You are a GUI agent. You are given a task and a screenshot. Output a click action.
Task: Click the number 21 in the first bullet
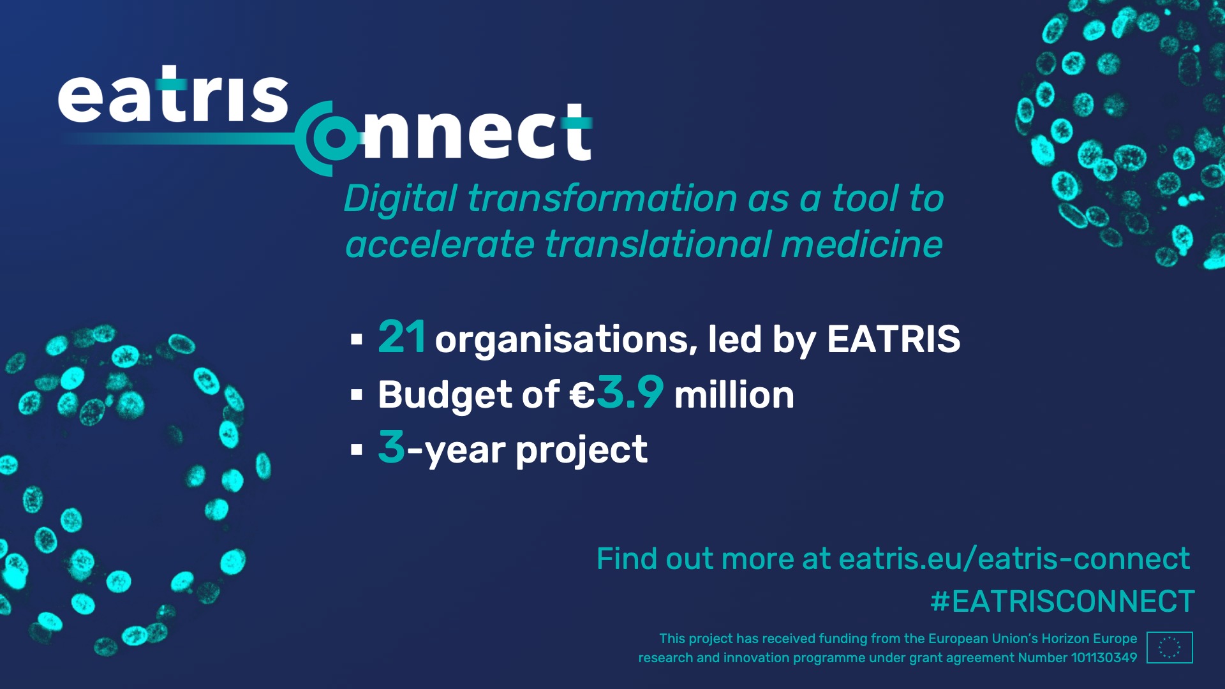point(401,337)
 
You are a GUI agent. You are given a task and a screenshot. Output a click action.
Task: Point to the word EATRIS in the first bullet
point(893,339)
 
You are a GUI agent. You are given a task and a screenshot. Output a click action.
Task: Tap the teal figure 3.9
point(630,392)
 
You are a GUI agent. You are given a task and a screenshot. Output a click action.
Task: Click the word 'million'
point(734,395)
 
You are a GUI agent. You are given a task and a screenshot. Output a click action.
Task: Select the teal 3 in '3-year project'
point(391,447)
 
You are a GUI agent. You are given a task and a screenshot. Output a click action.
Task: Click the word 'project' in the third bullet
point(581,451)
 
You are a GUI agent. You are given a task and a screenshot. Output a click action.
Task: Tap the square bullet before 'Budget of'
point(357,396)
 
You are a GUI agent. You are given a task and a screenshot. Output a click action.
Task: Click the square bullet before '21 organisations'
point(357,339)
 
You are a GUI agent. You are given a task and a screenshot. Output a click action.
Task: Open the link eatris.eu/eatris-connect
point(1014,559)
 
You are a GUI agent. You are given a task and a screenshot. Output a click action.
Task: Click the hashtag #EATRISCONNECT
point(1062,602)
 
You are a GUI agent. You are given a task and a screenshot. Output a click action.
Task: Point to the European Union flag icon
point(1169,648)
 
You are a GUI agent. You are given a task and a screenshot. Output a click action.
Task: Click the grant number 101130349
point(1104,658)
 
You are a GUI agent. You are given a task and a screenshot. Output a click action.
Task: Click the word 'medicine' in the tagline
point(862,245)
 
